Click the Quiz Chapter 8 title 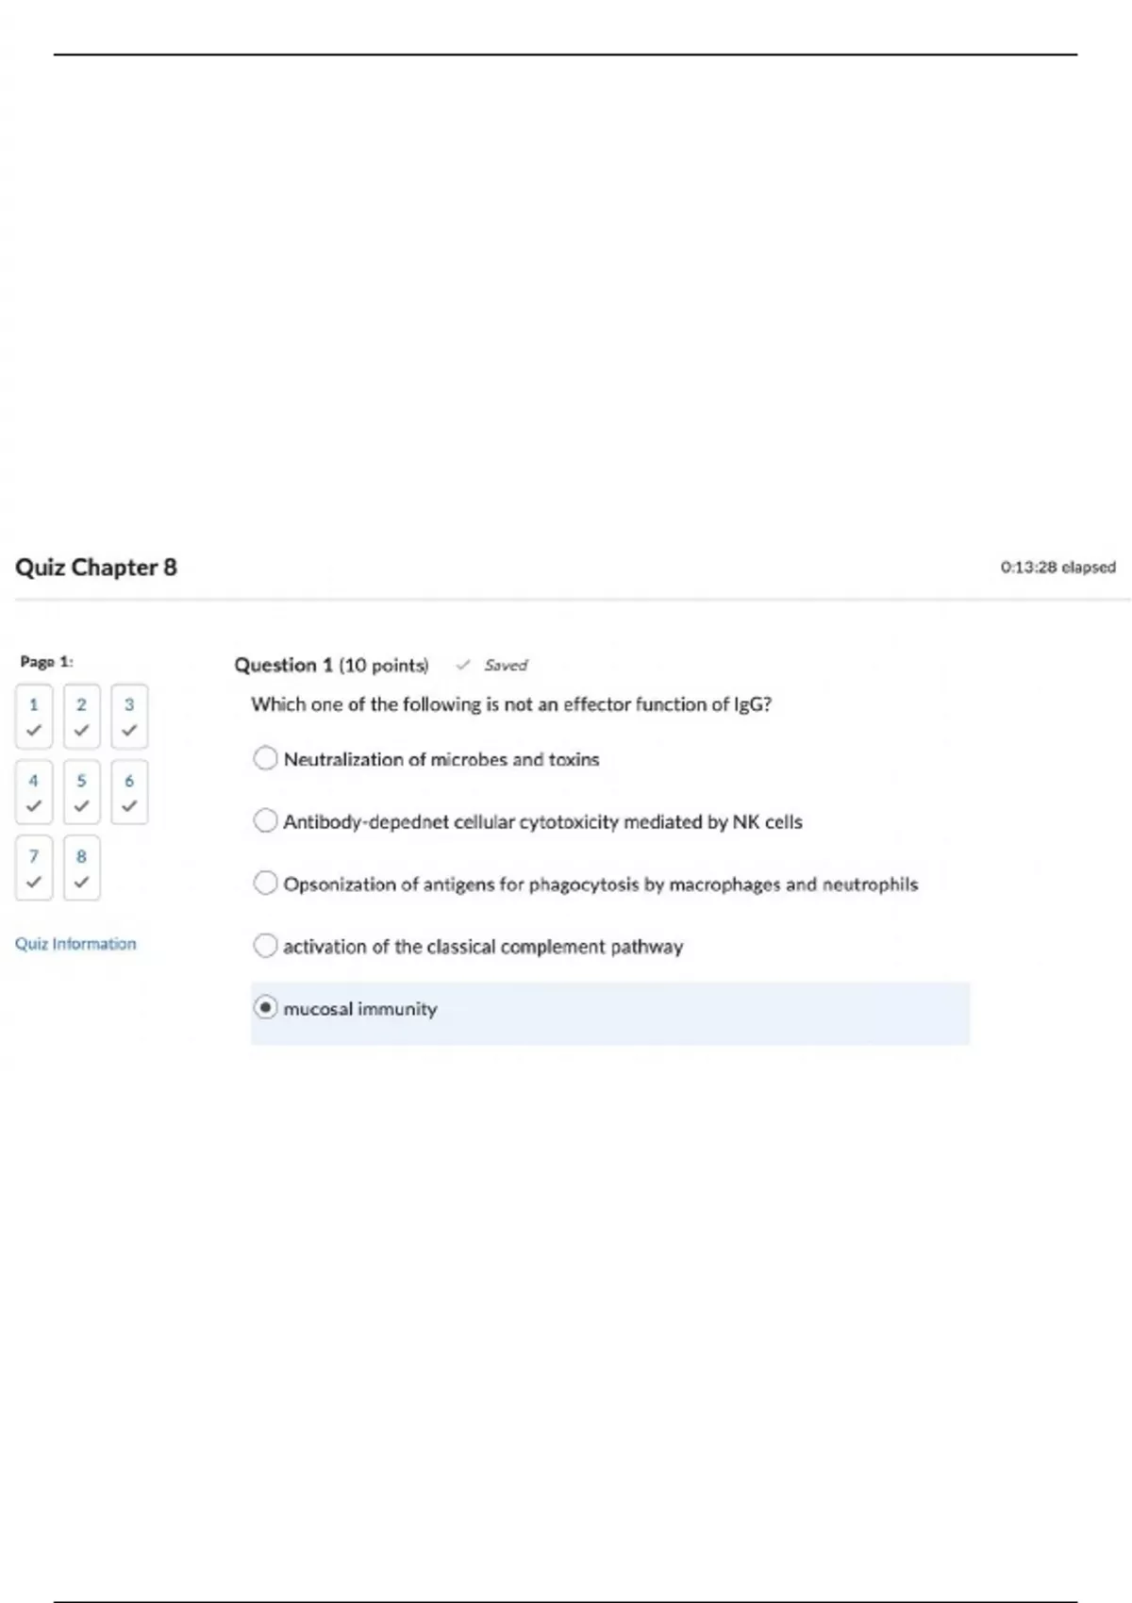click(96, 568)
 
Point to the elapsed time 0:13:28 click(1057, 568)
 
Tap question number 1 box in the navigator click(34, 717)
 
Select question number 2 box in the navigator click(82, 717)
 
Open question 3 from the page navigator click(129, 717)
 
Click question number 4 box click(34, 792)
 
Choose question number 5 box click(82, 792)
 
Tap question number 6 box click(129, 792)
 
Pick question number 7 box click(34, 868)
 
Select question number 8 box click(82, 868)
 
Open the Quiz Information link click(75, 944)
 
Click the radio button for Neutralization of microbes click(266, 758)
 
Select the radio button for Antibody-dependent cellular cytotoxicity click(266, 820)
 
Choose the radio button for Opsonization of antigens click(266, 883)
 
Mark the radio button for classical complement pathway click(266, 945)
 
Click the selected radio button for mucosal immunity click(266, 1008)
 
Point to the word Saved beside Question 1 click(506, 666)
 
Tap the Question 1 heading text click(283, 666)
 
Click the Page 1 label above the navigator click(46, 662)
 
